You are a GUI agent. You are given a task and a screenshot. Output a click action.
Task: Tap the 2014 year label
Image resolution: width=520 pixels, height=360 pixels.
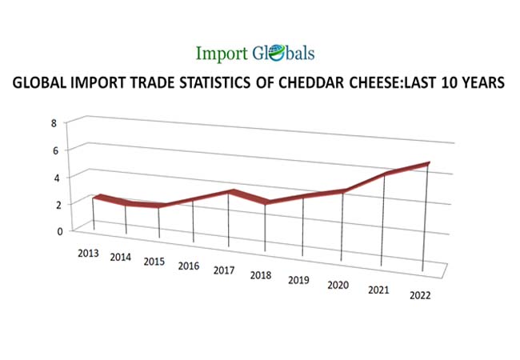point(121,258)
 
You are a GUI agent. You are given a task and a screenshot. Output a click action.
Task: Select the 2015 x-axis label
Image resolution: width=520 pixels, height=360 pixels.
point(154,262)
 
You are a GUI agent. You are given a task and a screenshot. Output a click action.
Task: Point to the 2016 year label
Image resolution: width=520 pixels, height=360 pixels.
point(189,266)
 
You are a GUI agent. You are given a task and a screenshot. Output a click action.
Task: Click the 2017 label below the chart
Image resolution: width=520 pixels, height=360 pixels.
point(224,270)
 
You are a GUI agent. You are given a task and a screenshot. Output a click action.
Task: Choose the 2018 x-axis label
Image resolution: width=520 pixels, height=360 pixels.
point(261,275)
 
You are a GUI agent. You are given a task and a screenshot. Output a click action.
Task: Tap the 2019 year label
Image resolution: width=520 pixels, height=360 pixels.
point(299,280)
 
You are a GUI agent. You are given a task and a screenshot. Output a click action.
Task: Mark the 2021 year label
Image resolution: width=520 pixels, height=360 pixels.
point(378,290)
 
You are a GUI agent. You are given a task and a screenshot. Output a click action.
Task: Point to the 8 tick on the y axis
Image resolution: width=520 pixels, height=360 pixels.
point(54,123)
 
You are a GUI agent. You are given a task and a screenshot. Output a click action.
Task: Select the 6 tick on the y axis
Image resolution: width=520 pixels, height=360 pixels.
point(54,150)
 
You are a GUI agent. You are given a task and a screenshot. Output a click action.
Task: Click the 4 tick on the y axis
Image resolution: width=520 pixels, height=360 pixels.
point(54,178)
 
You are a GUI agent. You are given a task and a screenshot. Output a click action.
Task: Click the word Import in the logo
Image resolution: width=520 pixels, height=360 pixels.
point(221,54)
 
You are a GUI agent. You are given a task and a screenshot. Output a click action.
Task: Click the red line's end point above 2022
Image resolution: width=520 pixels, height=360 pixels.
point(428,163)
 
